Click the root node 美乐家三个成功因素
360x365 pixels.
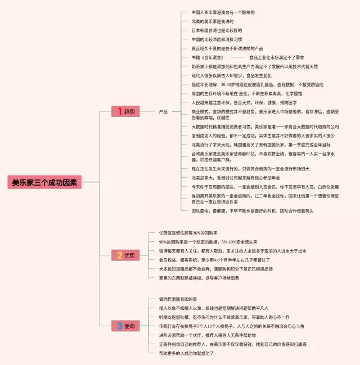click(44, 183)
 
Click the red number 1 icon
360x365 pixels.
click(119, 111)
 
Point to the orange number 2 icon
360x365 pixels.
click(119, 255)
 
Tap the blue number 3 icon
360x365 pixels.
click(119, 326)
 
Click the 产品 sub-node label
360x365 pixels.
click(163, 111)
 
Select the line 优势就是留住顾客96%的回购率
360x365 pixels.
click(188, 233)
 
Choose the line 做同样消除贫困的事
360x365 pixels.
click(177, 299)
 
